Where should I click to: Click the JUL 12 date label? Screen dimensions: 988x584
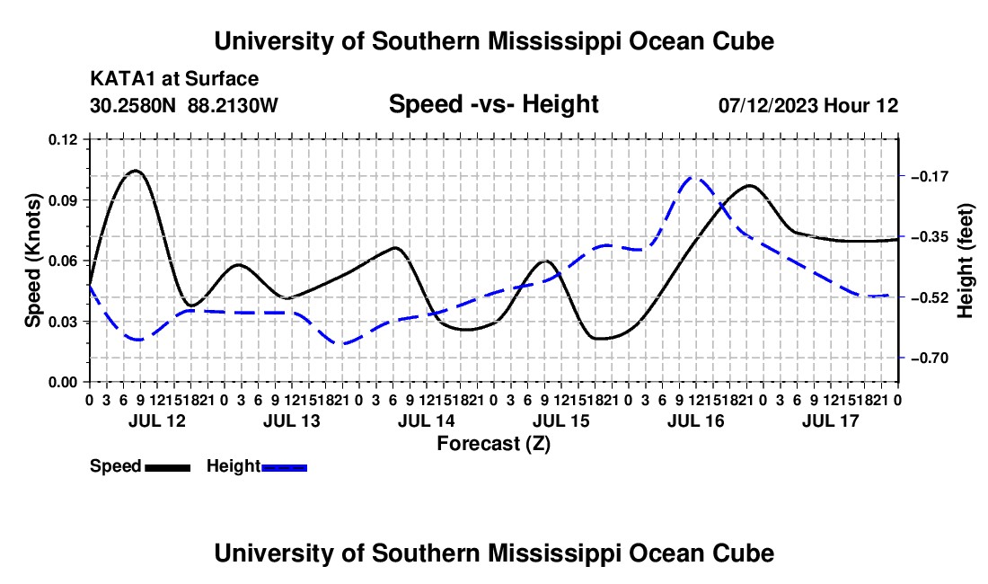tap(157, 420)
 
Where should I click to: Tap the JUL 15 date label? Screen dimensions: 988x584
tap(560, 420)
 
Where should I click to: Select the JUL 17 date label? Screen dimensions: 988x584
tap(831, 420)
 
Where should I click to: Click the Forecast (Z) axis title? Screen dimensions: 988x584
tap(493, 444)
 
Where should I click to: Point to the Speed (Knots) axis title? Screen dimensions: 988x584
tap(32, 261)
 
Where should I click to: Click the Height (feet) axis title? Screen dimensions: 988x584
tap(965, 261)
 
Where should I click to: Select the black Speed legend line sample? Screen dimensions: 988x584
tap(168, 467)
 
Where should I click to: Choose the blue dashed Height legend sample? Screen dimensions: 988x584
tap(284, 467)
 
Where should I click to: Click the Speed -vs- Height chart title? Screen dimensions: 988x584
tap(493, 104)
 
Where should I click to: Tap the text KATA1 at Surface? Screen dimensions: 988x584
tap(174, 79)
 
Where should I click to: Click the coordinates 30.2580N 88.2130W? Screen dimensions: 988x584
tap(183, 105)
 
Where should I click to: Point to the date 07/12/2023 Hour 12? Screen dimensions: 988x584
tap(808, 105)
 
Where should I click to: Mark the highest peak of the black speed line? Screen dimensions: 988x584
tap(136, 171)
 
